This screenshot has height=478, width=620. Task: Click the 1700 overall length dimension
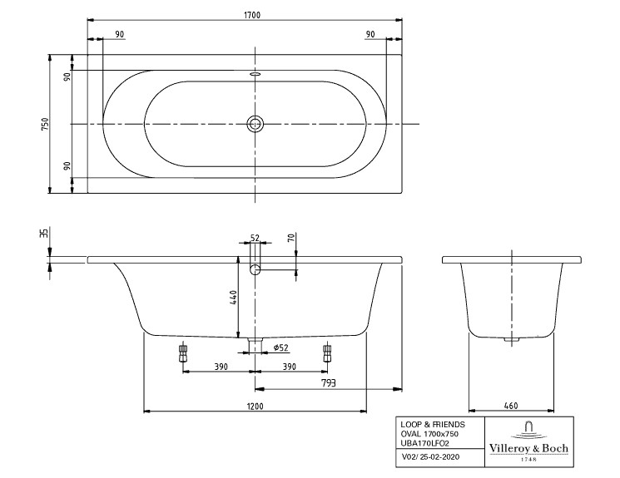click(x=252, y=15)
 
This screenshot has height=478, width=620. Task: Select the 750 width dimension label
click(x=45, y=124)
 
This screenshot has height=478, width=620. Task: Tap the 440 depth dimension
click(x=232, y=297)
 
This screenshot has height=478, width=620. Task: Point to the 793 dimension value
click(x=329, y=382)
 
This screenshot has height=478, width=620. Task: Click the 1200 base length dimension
click(x=255, y=407)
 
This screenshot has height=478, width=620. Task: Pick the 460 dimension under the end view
click(x=511, y=406)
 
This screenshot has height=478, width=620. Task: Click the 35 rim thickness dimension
click(x=44, y=233)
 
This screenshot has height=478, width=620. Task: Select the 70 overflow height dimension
click(x=291, y=238)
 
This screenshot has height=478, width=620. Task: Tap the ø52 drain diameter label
click(x=281, y=347)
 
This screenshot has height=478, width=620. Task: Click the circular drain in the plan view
click(x=255, y=124)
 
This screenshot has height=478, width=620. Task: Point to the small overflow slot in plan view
click(x=255, y=73)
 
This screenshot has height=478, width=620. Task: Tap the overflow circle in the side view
click(x=255, y=269)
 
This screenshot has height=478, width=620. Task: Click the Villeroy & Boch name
click(x=528, y=448)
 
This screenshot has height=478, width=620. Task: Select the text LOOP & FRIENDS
click(x=433, y=425)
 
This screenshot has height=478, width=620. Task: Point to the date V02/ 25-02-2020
click(x=430, y=457)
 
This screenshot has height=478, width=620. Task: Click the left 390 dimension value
click(x=221, y=367)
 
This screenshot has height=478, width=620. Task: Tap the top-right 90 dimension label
click(x=370, y=34)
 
